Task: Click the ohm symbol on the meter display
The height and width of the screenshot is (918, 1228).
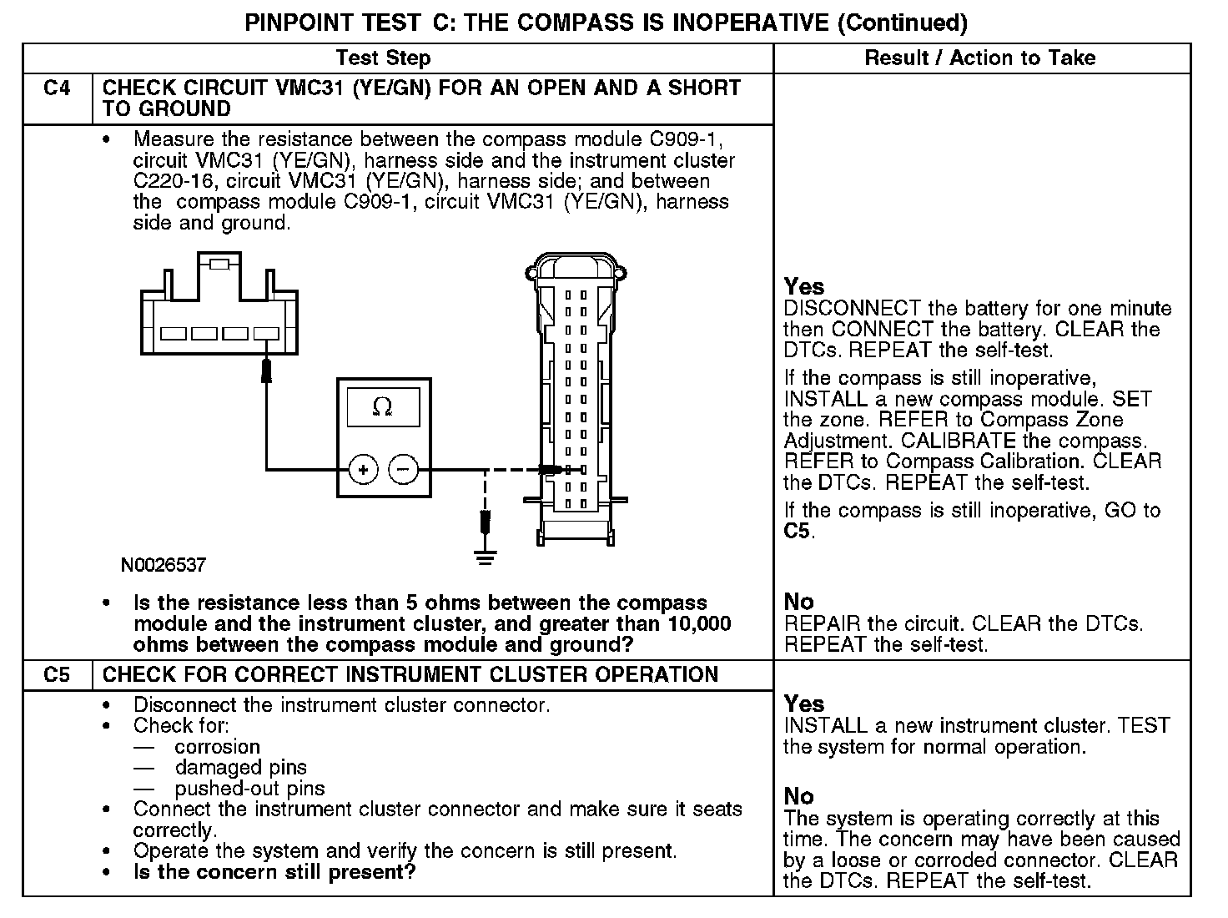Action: click(383, 407)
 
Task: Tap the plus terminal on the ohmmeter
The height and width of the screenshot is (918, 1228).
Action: click(363, 470)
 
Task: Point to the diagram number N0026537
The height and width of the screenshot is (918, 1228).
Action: click(164, 565)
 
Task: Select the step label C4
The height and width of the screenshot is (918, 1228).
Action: click(57, 88)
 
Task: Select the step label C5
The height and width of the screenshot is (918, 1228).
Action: click(57, 674)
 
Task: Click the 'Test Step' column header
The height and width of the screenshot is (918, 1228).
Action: click(383, 58)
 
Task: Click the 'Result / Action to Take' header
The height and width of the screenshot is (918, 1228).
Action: click(980, 58)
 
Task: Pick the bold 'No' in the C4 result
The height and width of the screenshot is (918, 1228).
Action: click(798, 601)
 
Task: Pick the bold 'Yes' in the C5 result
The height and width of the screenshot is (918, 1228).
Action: click(803, 704)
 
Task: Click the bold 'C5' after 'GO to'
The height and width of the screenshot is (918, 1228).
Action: click(798, 531)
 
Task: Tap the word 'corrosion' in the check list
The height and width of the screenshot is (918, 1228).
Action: click(217, 747)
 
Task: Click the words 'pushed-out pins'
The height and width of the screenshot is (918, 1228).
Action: click(249, 789)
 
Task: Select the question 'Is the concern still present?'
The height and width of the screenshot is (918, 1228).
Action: click(274, 872)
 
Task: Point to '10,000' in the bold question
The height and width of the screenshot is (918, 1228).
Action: click(700, 623)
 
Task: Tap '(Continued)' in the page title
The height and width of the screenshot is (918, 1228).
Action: click(902, 23)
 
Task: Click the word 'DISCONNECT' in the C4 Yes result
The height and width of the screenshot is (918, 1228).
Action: click(852, 309)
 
